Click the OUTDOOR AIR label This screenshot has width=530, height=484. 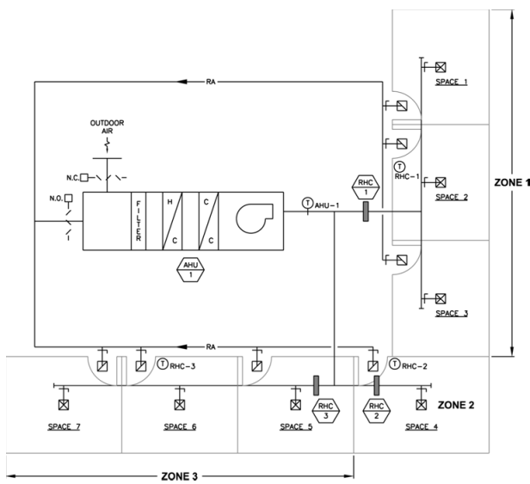click(x=107, y=127)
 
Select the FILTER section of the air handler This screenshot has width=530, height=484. click(x=138, y=221)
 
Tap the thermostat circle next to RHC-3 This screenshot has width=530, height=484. click(x=163, y=364)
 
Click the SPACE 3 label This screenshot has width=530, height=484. click(x=452, y=314)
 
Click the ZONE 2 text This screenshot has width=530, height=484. click(x=458, y=403)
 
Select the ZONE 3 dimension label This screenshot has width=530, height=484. click(x=179, y=473)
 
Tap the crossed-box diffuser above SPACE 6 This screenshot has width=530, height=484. click(x=179, y=403)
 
